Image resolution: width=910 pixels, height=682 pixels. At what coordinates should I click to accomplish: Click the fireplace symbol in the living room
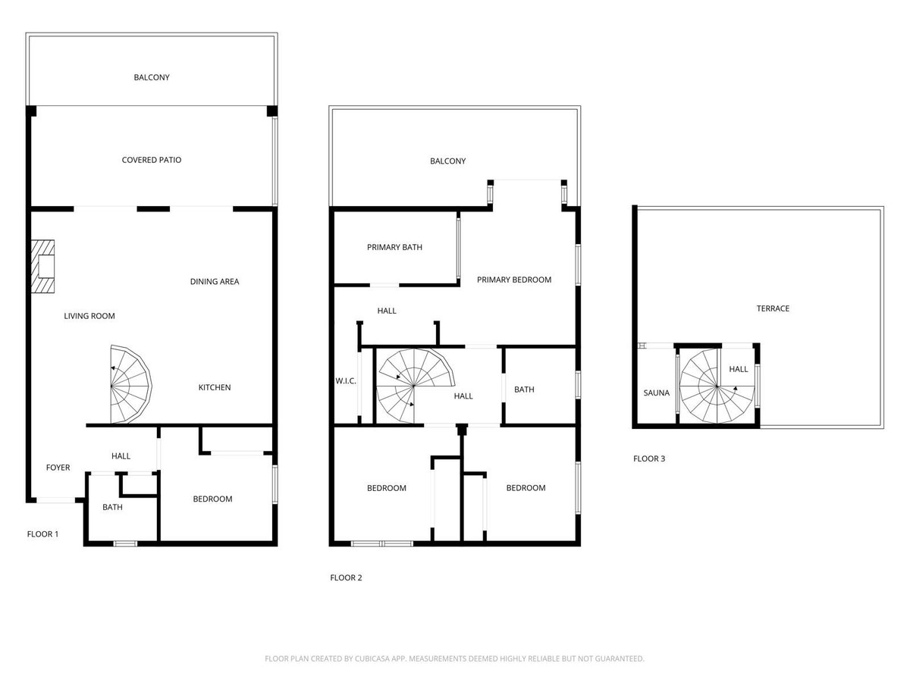pyautogui.click(x=43, y=267)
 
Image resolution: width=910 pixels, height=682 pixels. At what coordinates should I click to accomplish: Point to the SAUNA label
pyautogui.click(x=657, y=393)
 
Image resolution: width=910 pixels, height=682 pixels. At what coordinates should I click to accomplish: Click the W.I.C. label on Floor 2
pyautogui.click(x=346, y=380)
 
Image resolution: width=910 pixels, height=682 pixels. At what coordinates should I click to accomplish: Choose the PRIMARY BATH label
pyautogui.click(x=394, y=247)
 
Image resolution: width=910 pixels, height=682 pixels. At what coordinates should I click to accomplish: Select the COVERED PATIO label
pyautogui.click(x=152, y=160)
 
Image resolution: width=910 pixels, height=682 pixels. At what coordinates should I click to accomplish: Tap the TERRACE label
pyautogui.click(x=773, y=308)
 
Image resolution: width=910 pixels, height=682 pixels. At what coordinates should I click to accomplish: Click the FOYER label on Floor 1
pyautogui.click(x=58, y=468)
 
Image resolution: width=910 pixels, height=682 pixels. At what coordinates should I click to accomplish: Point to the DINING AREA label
pyautogui.click(x=215, y=282)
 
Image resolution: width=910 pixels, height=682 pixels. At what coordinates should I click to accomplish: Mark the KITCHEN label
pyautogui.click(x=215, y=387)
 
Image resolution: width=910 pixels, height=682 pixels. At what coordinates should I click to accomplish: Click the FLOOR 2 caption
pyautogui.click(x=346, y=577)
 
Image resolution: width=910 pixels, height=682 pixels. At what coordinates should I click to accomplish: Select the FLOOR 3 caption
pyautogui.click(x=649, y=458)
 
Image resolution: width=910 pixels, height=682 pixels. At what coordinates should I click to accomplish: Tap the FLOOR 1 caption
pyautogui.click(x=42, y=534)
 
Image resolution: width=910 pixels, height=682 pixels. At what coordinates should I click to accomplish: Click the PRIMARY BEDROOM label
pyautogui.click(x=514, y=280)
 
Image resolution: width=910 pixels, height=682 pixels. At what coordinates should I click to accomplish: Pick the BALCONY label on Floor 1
pyautogui.click(x=152, y=77)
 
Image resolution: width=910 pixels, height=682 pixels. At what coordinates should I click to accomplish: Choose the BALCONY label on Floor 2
pyautogui.click(x=447, y=161)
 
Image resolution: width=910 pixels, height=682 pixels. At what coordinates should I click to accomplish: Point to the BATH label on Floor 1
pyautogui.click(x=112, y=507)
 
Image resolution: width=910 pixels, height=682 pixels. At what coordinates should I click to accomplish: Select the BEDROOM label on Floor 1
pyautogui.click(x=212, y=499)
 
